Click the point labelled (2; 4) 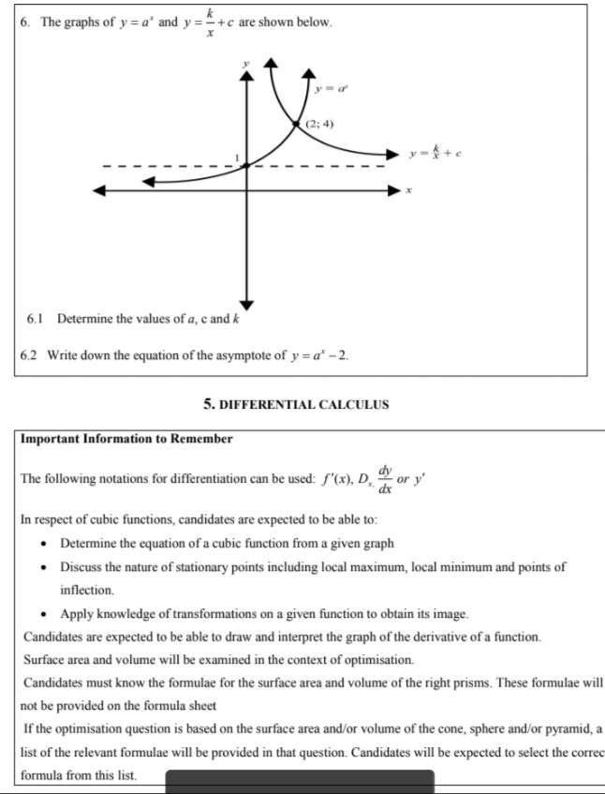click(x=297, y=124)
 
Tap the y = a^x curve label click(x=332, y=88)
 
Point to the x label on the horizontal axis click(x=408, y=190)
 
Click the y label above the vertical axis click(x=246, y=63)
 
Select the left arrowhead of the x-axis click(x=97, y=190)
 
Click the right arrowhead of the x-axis click(x=395, y=190)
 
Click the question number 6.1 click(x=35, y=319)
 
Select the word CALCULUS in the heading click(x=354, y=405)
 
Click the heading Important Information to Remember click(x=126, y=439)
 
